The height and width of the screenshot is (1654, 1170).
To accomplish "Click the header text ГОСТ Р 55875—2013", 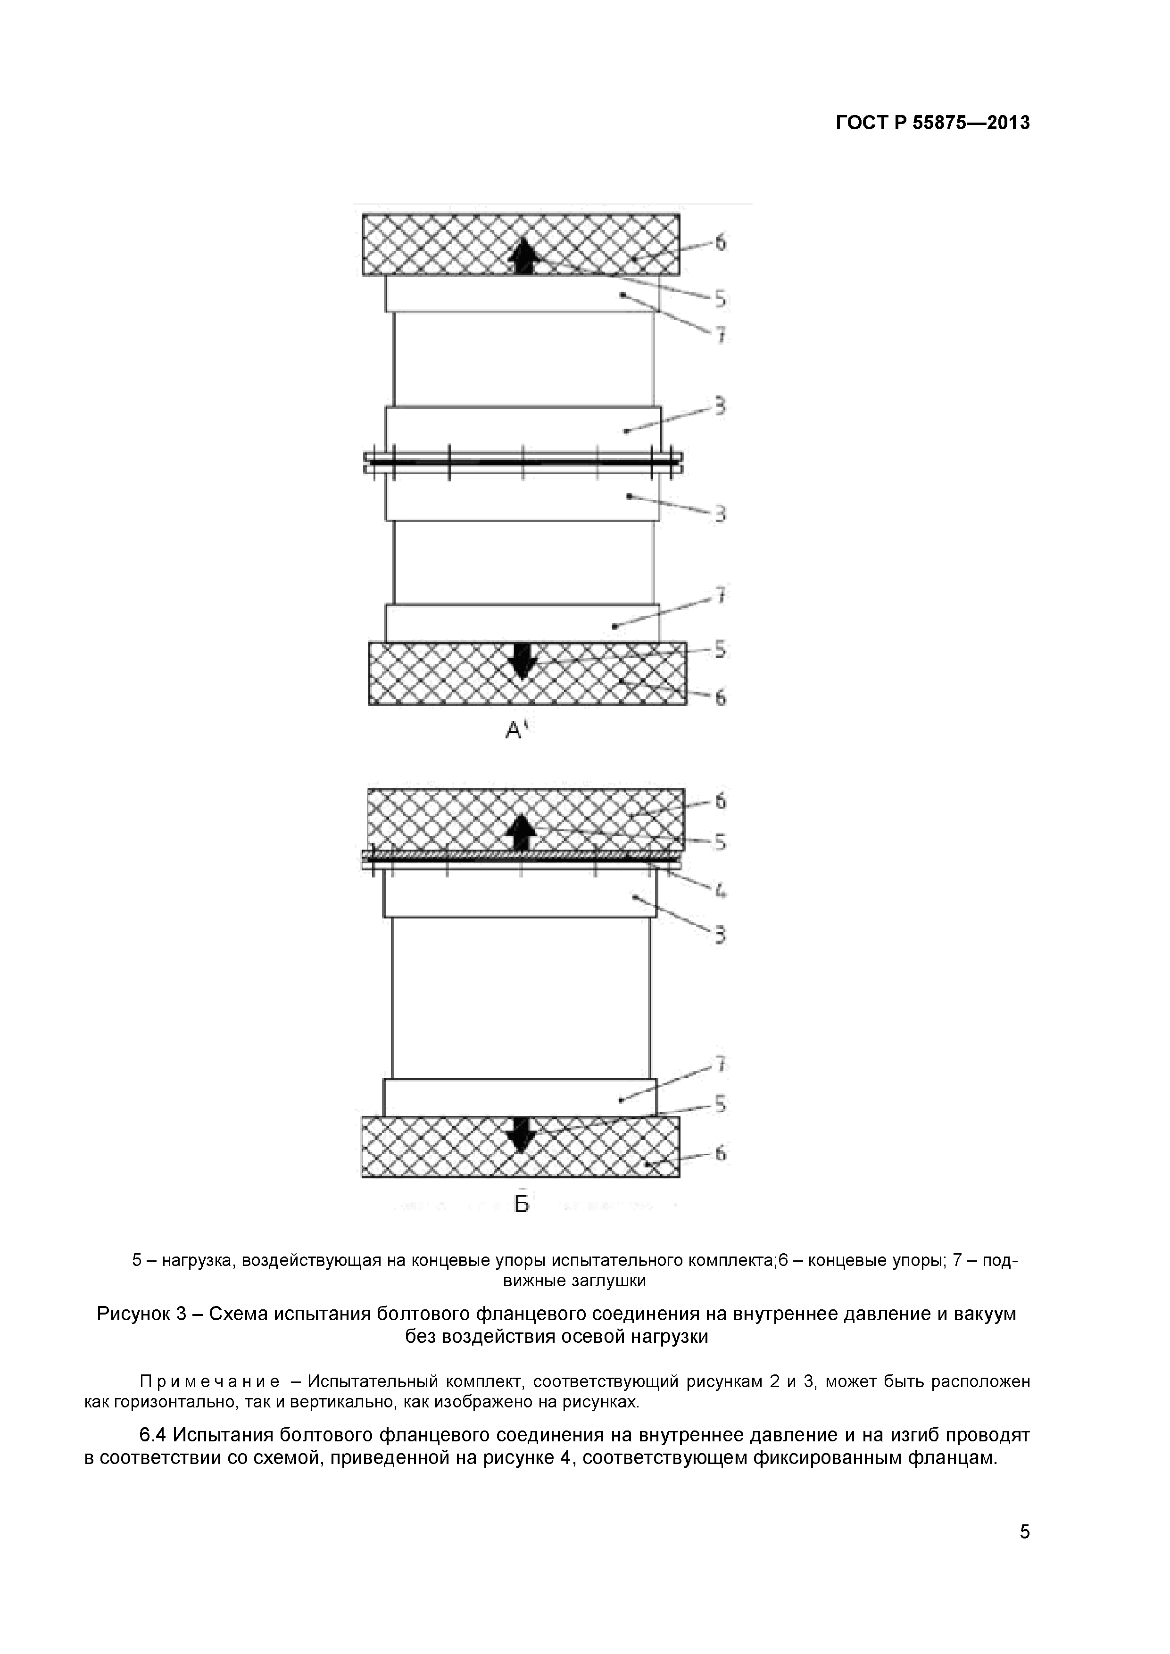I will pos(932,123).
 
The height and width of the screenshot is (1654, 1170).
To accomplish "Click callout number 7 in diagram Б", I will pos(720,1064).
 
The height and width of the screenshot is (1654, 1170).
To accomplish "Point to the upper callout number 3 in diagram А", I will pos(720,408).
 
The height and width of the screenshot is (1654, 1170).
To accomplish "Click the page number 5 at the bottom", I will pos(1024,1551).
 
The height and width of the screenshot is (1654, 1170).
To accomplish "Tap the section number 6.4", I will pos(153,1435).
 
